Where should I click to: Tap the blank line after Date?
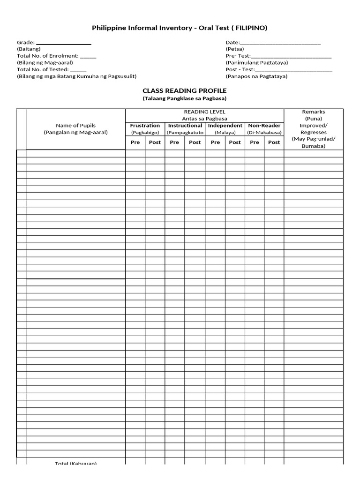tap(280, 43)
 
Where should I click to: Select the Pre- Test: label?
tap(238, 56)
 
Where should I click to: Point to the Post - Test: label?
tap(240, 69)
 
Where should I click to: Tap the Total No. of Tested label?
tap(43, 69)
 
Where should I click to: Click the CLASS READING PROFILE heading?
tap(184, 90)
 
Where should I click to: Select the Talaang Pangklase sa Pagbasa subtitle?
tap(184, 98)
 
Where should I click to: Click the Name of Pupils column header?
tap(75, 126)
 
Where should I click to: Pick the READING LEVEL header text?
tap(204, 112)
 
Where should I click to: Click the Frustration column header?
tap(145, 126)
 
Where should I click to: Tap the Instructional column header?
tap(185, 126)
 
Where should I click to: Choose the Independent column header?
tap(225, 126)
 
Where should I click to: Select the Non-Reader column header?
tap(264, 126)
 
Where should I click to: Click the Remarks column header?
tap(314, 112)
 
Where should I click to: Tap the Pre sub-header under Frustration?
tap(135, 142)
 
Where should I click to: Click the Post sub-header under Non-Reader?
tap(274, 142)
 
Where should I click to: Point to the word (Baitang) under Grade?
tap(29, 49)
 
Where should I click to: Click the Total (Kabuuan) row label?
tap(75, 463)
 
